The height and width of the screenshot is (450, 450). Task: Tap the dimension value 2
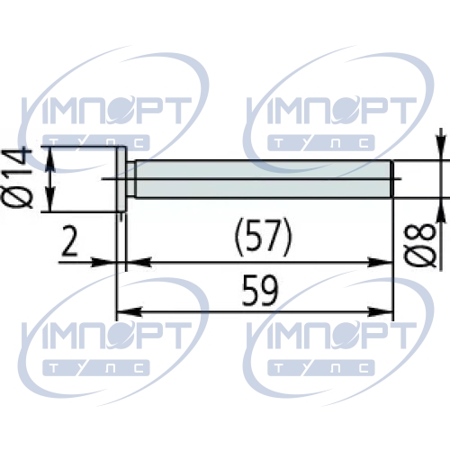[x=69, y=240]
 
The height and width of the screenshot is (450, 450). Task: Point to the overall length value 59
[x=260, y=291]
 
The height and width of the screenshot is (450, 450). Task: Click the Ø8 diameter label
[x=419, y=245]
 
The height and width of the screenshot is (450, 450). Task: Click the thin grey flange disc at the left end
[x=121, y=179]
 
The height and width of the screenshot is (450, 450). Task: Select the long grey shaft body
[x=264, y=179]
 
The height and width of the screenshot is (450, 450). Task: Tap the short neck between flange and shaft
[x=130, y=179]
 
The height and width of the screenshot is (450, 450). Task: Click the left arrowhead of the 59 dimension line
[x=129, y=311]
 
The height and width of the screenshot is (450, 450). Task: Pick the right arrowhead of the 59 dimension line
[x=381, y=311]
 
